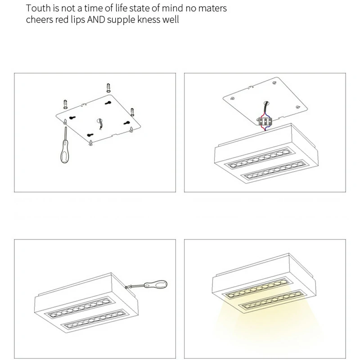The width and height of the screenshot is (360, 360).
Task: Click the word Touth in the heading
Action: pyautogui.click(x=38, y=8)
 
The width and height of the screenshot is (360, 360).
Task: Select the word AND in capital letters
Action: pyautogui.click(x=96, y=20)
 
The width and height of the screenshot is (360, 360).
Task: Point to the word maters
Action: pyautogui.click(x=212, y=9)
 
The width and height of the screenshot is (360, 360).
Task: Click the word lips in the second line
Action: pyautogui.click(x=78, y=20)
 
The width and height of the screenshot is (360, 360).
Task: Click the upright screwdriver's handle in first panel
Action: pyautogui.click(x=64, y=152)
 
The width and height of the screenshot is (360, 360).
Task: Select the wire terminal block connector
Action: pyautogui.click(x=265, y=121)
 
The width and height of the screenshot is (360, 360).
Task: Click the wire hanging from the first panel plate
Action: pyautogui.click(x=100, y=125)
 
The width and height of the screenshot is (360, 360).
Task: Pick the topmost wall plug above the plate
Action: pyautogui.click(x=108, y=88)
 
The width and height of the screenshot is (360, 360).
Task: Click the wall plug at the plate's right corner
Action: pyautogui.click(x=132, y=112)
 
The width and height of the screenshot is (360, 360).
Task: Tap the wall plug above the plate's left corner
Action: pyautogui.click(x=65, y=104)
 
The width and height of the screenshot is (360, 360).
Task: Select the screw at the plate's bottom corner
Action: pyautogui.click(x=91, y=143)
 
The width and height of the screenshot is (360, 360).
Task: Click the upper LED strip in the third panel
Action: pyautogui.click(x=80, y=308)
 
